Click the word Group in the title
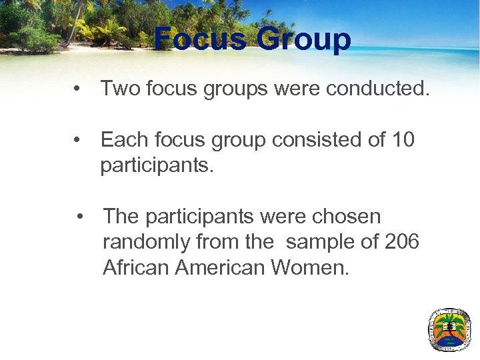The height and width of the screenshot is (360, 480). [304, 40]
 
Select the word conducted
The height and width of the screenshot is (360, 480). [378, 88]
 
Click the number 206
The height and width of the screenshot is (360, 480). [402, 242]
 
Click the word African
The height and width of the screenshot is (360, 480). [136, 267]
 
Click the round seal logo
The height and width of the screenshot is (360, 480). [449, 329]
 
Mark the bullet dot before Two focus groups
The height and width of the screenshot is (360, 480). [79, 89]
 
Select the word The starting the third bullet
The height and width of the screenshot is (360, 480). [121, 217]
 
